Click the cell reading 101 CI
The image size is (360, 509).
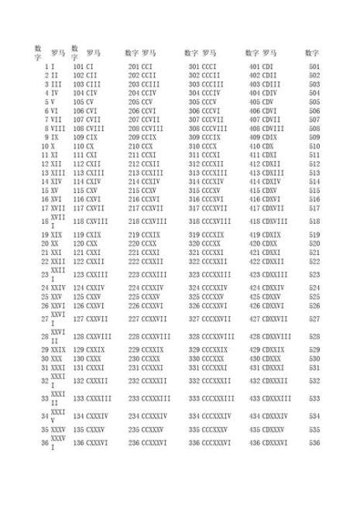[x=84, y=67]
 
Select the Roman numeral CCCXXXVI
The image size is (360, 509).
[x=224, y=442]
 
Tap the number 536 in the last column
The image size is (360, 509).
[x=314, y=442]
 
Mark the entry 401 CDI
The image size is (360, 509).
[x=261, y=67]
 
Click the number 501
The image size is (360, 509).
[x=314, y=67]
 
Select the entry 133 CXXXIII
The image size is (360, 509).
[x=92, y=398]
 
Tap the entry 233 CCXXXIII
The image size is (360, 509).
[x=149, y=398]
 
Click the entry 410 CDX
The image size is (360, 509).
[x=262, y=146]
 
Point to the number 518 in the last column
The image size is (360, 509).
[x=314, y=221]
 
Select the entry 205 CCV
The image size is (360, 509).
[x=140, y=101]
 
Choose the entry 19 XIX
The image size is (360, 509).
[x=53, y=234]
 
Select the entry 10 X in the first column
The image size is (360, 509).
[x=50, y=146]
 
